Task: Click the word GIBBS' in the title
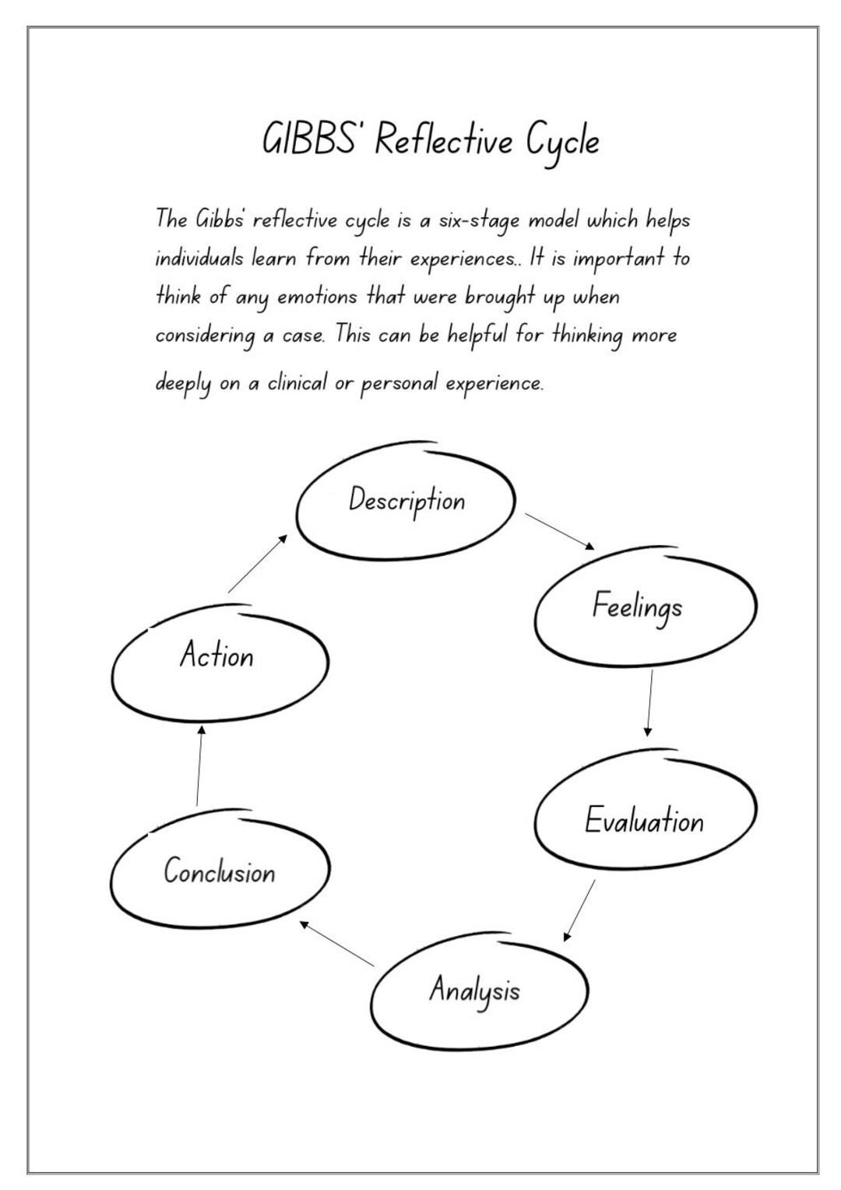[315, 141]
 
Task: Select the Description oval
[406, 500]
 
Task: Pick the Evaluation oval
[645, 820]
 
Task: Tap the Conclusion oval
[220, 871]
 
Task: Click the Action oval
[219, 656]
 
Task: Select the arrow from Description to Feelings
[559, 531]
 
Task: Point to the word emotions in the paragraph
[317, 297]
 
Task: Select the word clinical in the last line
[297, 384]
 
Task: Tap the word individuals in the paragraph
[199, 258]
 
